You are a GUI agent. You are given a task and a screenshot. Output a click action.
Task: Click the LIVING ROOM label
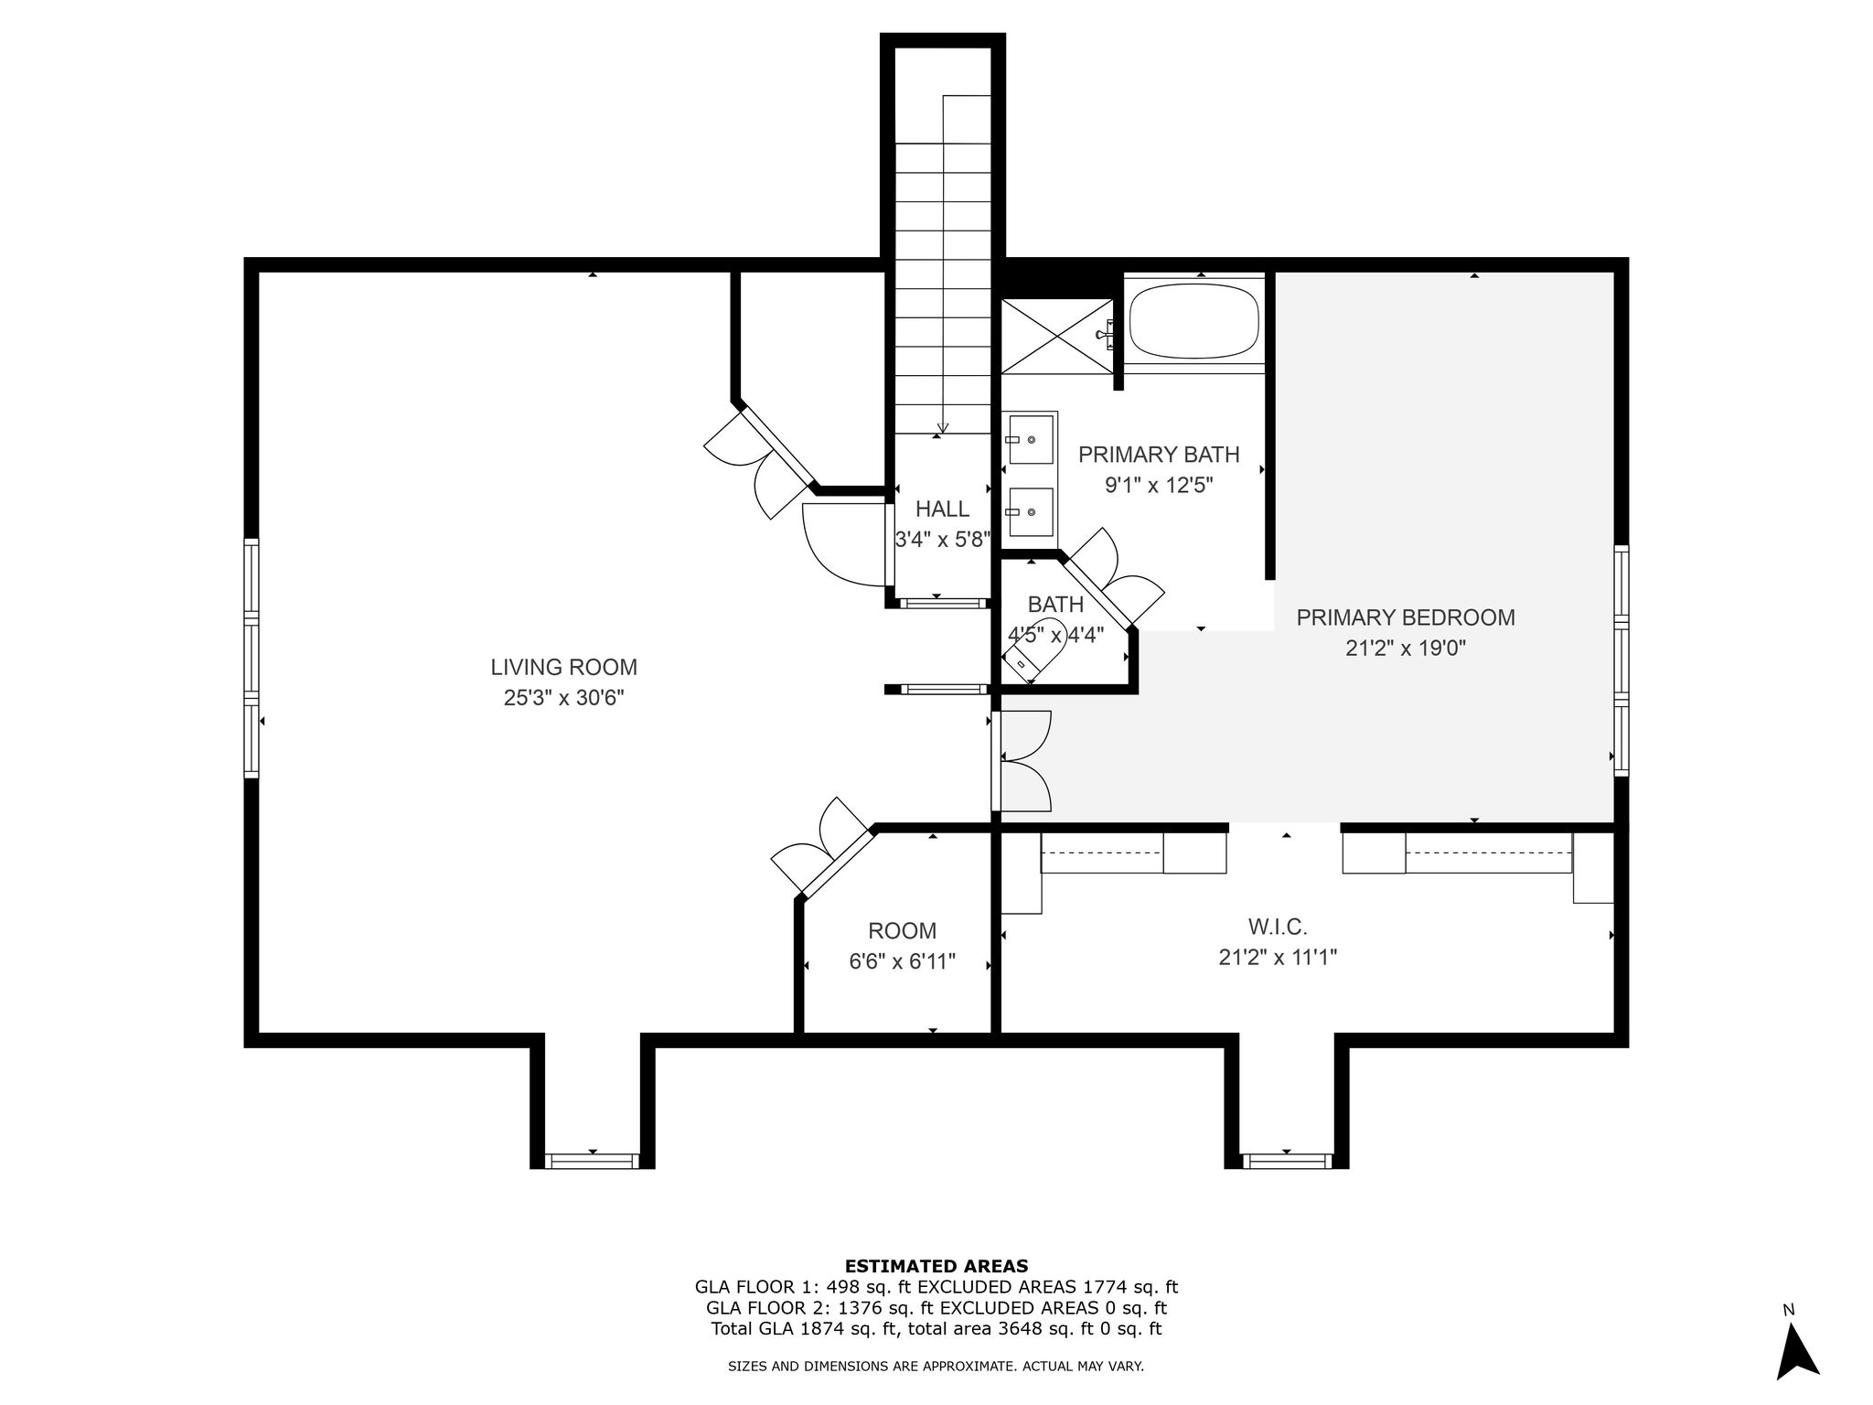[x=563, y=668]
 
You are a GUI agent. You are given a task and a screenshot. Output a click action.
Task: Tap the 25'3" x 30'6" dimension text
[x=563, y=698]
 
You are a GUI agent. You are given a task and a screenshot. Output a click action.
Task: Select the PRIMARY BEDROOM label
[x=1406, y=617]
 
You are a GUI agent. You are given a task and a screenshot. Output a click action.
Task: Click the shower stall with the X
[x=1057, y=336]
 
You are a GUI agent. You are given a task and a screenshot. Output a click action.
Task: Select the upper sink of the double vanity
[x=1031, y=439]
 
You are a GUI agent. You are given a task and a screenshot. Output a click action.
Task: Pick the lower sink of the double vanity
[x=1031, y=512]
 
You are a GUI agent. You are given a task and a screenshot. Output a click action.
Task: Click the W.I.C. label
[x=1278, y=928]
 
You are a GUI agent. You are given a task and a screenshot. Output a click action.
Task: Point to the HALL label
[x=942, y=509]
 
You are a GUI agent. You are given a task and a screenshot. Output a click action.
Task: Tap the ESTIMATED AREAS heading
[x=936, y=1267]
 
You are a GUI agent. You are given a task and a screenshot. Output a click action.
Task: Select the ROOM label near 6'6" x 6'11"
[x=902, y=931]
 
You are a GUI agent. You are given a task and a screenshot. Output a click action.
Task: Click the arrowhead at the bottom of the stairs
[x=943, y=427]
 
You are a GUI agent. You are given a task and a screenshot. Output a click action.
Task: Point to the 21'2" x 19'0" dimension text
[x=1406, y=649]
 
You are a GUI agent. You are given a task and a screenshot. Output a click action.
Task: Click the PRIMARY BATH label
[x=1159, y=455]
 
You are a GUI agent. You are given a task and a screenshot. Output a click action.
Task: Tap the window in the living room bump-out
[x=593, y=1161]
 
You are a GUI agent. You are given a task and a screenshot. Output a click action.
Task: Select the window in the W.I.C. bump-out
[x=1287, y=1161]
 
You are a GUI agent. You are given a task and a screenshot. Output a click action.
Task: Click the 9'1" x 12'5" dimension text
[x=1159, y=485]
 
